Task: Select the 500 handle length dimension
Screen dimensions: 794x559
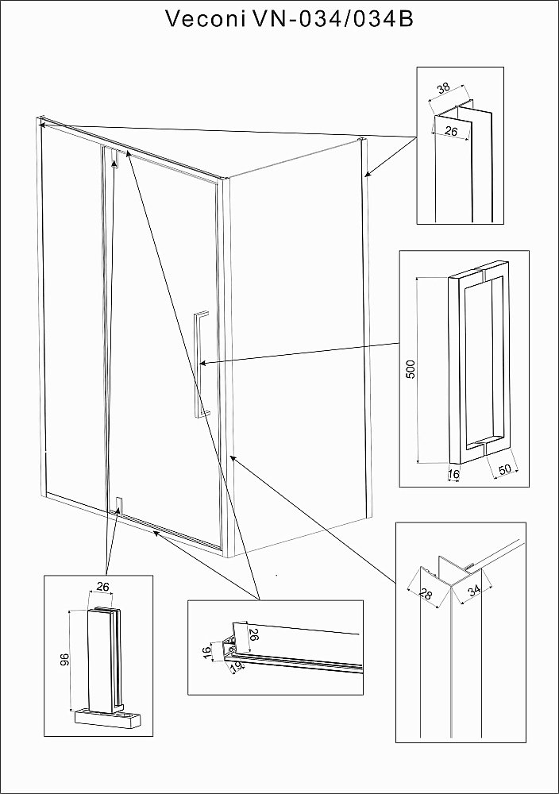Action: (x=411, y=370)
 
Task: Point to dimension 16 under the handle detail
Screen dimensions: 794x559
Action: (x=453, y=475)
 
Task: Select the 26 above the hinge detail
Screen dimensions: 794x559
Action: (x=102, y=586)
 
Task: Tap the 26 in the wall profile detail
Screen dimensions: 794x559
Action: (x=450, y=132)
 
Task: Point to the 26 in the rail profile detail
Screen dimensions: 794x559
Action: (x=255, y=635)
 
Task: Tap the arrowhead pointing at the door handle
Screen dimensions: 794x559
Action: (x=204, y=363)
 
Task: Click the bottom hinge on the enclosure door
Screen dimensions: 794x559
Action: (x=118, y=505)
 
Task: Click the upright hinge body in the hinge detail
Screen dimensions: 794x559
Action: (x=104, y=659)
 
